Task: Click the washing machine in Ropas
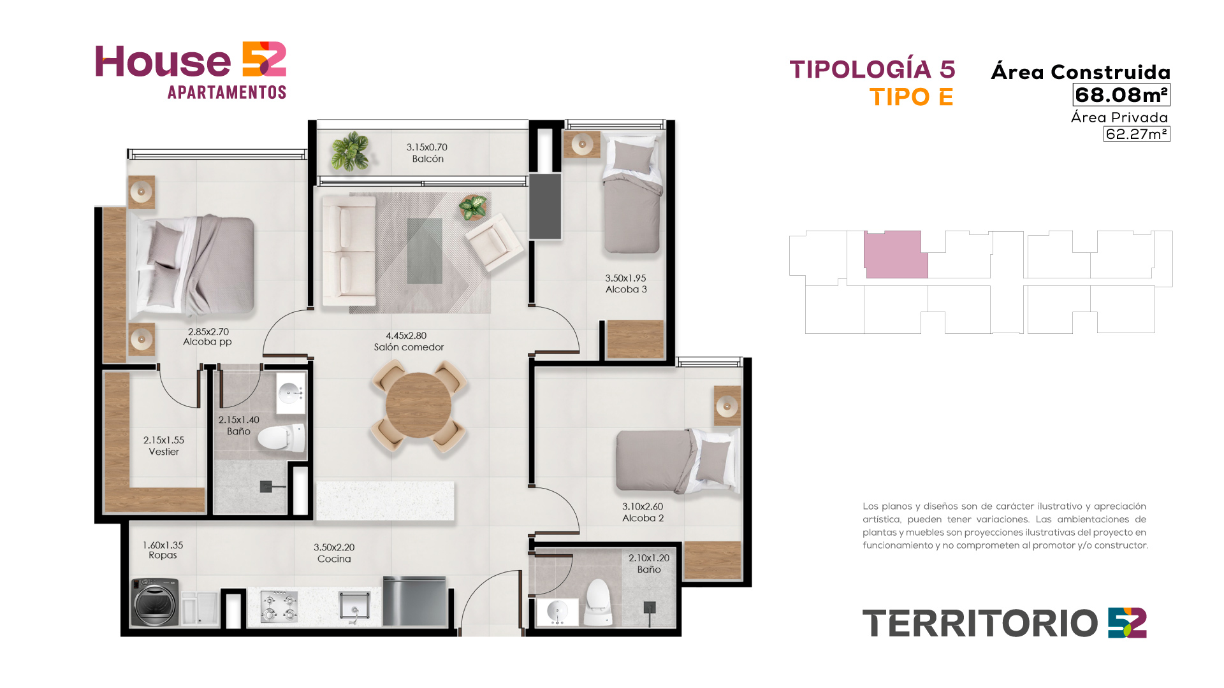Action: [155, 602]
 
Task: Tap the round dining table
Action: [418, 406]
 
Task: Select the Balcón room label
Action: [428, 159]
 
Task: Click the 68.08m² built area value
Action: [1121, 95]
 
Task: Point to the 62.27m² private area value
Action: [1137, 134]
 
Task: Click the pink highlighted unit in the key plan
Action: [895, 255]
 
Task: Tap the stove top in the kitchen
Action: [279, 606]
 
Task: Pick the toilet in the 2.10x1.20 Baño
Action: [598, 602]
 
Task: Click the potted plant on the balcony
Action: [350, 151]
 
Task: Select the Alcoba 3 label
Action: [626, 289]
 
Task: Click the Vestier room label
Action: [164, 452]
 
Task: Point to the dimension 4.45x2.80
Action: [406, 336]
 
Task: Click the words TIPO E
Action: [912, 97]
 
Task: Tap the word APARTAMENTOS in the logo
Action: [227, 92]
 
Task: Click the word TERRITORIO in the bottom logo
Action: [980, 624]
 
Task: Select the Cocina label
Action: [334, 559]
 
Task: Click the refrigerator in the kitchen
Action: [414, 601]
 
